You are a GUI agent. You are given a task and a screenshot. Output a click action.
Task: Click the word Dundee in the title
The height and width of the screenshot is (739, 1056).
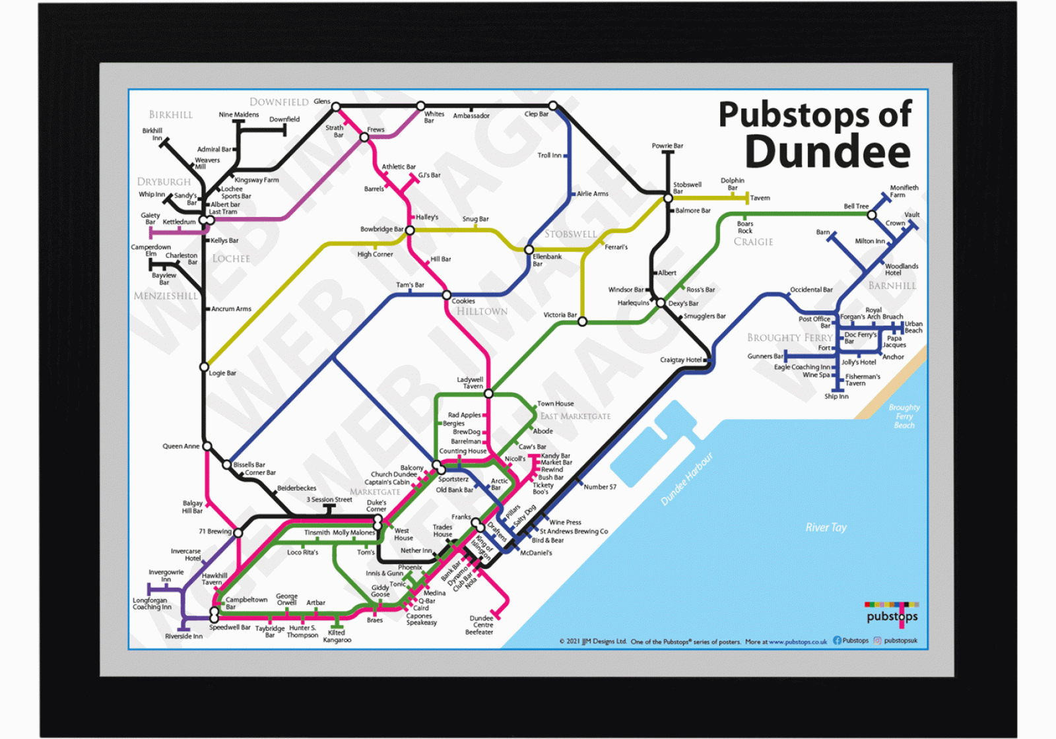(828, 152)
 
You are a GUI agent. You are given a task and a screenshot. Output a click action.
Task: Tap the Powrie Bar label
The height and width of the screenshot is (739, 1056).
(667, 146)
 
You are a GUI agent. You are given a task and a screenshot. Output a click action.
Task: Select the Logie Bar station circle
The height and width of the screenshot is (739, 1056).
(204, 367)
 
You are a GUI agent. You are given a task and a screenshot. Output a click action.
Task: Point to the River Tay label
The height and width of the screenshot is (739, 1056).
(825, 527)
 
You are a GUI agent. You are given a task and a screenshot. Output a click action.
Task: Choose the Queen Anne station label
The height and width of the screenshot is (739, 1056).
(181, 446)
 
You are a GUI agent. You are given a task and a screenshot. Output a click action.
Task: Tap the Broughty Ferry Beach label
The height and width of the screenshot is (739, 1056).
(904, 416)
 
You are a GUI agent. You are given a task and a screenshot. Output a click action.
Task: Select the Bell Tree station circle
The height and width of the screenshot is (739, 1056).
(872, 215)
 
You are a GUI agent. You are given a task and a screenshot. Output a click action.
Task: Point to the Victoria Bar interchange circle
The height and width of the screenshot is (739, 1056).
(582, 321)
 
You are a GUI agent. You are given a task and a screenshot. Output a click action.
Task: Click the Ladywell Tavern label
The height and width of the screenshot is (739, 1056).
(471, 383)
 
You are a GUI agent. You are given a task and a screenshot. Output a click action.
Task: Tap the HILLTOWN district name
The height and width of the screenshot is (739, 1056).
(482, 311)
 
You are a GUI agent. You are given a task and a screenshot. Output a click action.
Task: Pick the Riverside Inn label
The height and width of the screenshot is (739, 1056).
(183, 636)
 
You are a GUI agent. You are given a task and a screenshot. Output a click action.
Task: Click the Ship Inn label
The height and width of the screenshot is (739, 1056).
(836, 397)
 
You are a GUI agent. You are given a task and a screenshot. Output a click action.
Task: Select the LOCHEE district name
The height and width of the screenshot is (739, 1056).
(231, 259)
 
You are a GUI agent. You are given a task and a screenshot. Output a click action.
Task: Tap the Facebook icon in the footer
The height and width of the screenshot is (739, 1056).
(837, 641)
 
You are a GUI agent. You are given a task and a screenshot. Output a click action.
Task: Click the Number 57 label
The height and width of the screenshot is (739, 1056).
(599, 487)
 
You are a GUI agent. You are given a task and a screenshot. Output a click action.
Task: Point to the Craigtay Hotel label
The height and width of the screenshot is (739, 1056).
(681, 360)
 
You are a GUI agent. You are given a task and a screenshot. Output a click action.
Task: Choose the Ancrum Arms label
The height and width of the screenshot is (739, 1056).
(231, 309)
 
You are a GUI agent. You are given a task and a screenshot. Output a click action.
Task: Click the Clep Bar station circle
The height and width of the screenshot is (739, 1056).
(553, 106)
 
